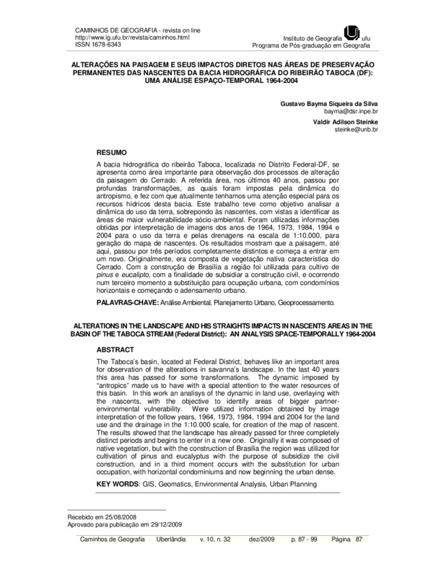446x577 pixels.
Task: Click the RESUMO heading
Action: pos(111,154)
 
